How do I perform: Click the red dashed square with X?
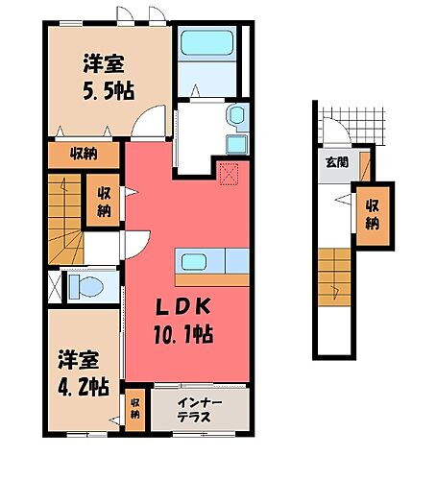click(229, 175)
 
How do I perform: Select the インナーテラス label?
click(201, 407)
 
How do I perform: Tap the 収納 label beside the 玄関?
click(371, 211)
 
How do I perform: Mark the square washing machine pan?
click(233, 145)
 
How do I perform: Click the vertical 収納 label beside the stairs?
click(103, 201)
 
